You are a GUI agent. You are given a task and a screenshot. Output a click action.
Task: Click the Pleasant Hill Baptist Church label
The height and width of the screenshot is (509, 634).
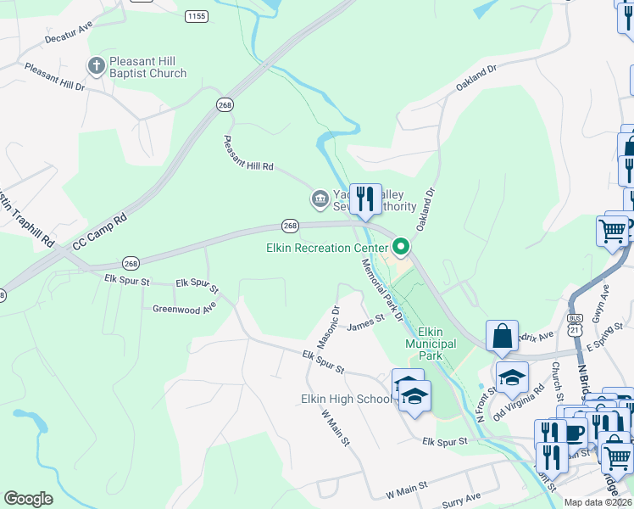147,67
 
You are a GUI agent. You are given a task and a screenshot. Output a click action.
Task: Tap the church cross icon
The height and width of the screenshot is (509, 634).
97,65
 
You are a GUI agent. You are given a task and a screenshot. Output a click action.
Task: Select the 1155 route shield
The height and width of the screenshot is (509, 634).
197,16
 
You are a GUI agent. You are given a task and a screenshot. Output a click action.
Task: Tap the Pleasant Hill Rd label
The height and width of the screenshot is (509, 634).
248,154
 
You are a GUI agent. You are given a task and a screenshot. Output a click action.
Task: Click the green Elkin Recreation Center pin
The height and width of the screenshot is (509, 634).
401,248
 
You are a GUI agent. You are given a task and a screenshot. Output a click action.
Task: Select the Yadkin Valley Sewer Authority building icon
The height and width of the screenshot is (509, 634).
320,199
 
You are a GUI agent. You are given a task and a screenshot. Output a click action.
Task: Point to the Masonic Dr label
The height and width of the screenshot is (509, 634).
329,330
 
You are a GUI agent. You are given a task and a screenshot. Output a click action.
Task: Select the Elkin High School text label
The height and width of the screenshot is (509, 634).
347,400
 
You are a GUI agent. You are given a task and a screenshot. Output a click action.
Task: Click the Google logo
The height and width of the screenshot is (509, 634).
28,499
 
